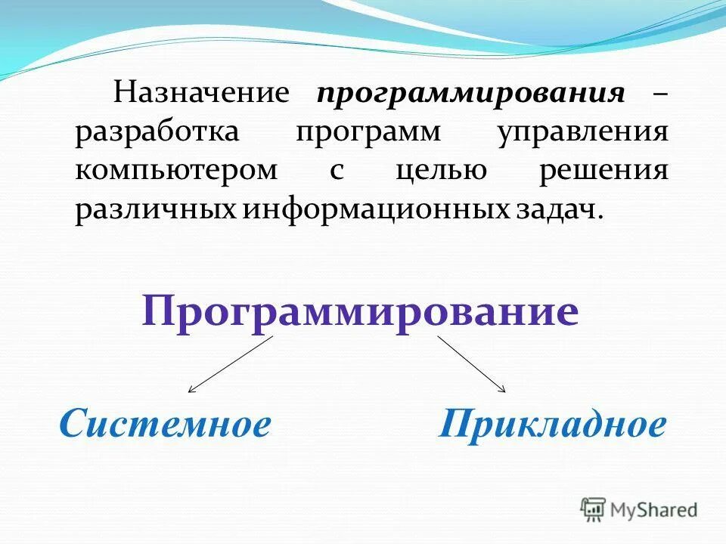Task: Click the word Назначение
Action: [x=202, y=94]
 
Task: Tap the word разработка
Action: [x=157, y=132]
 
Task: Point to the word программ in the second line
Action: [x=369, y=132]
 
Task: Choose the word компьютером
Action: [x=176, y=171]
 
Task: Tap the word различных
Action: [x=155, y=209]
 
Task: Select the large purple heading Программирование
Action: [x=360, y=311]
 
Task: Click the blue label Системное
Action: [x=165, y=425]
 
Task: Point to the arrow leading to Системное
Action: [x=230, y=364]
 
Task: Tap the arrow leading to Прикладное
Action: [x=471, y=364]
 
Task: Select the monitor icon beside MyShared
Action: [x=594, y=509]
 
